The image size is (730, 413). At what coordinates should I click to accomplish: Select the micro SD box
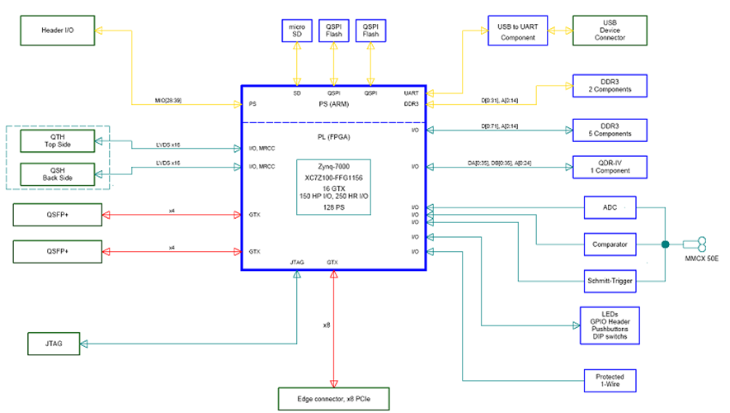(x=297, y=31)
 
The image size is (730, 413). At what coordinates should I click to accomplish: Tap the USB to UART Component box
(x=517, y=31)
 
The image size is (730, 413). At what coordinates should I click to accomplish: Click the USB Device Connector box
(x=610, y=31)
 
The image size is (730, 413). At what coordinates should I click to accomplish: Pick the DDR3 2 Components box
(x=610, y=86)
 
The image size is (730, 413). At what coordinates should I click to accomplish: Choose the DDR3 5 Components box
(x=610, y=129)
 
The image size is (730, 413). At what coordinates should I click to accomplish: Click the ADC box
(x=610, y=206)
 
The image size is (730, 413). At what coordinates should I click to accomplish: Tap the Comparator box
(x=610, y=244)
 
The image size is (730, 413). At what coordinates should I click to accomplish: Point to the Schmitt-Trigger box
(x=610, y=282)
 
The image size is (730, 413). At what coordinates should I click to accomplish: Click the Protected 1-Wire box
(x=610, y=381)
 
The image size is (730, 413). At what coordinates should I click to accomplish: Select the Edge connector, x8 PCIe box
(x=333, y=399)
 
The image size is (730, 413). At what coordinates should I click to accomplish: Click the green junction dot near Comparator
(x=664, y=244)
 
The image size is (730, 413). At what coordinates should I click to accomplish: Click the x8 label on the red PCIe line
(x=327, y=325)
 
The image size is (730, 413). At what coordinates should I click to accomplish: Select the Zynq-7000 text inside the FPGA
(x=333, y=166)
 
